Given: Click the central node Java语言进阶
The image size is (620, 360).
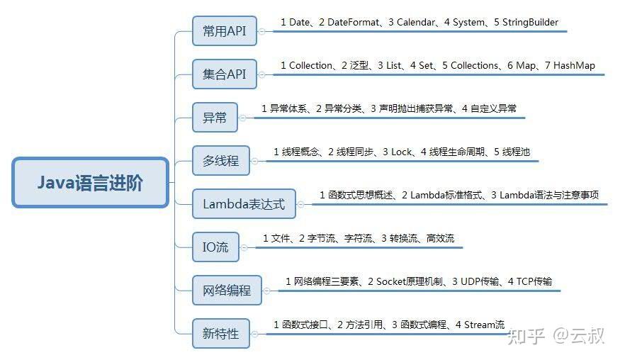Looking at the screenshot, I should coord(91,183).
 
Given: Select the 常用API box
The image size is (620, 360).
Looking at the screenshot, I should coord(224,31).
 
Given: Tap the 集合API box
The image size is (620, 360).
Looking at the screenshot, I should coord(225,74).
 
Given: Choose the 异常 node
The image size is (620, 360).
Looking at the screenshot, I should coord(215,118).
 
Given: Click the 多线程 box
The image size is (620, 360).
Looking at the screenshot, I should coord(220,161).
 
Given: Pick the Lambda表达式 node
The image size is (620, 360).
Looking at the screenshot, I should coord(244,204).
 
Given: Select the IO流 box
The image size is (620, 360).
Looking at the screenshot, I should coord(215,247).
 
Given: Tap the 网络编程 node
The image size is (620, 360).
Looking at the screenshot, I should coord(227,291).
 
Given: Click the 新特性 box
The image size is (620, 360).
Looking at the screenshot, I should coord(220,334).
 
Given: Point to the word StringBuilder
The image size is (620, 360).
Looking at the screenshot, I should coord(530,23).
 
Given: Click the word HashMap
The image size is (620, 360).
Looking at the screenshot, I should coord(575,66).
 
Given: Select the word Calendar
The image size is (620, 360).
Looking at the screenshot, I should coord(416,23).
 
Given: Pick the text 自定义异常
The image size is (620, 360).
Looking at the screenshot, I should coord(494,109).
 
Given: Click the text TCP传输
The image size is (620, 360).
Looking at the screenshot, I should coord(534,282).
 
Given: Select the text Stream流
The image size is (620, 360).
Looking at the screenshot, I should coord(485,325).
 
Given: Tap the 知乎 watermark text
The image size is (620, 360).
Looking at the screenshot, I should coord(525,335).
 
